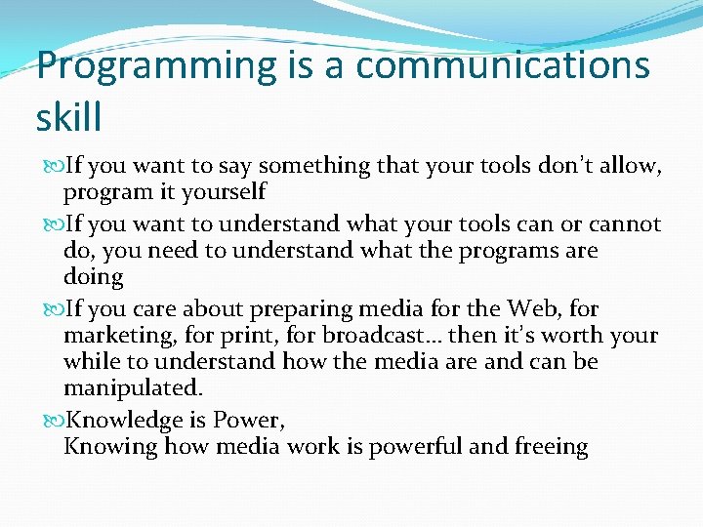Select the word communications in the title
coord(502,66)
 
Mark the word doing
coord(93,278)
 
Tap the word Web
coord(534,308)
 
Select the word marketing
coord(115,336)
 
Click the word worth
coord(568,336)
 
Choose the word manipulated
coord(130,388)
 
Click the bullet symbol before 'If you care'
coord(52,309)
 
